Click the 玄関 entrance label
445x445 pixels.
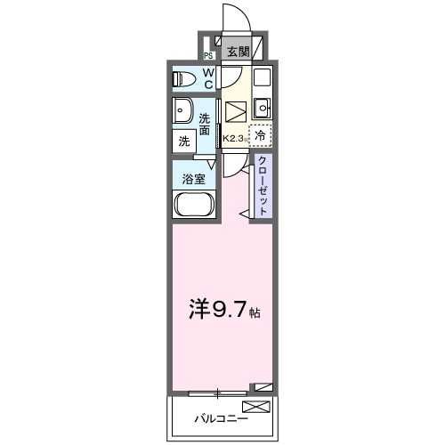(x=237, y=52)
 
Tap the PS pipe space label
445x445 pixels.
(x=207, y=53)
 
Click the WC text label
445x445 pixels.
(x=207, y=78)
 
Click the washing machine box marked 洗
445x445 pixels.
(x=184, y=141)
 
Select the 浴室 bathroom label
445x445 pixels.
(x=194, y=178)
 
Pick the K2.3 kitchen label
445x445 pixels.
(x=234, y=138)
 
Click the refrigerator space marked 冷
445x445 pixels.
(x=260, y=136)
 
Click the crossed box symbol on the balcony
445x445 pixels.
(x=255, y=407)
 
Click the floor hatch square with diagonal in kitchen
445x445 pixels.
(x=235, y=113)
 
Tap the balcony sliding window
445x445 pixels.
(x=218, y=391)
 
